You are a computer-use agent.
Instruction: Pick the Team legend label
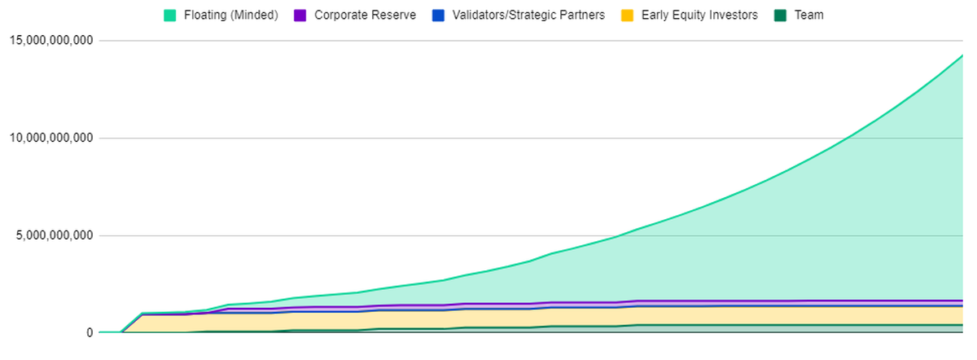[809, 15]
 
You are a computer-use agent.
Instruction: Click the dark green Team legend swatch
[782, 15]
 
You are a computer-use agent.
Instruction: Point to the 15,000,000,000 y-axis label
[48, 41]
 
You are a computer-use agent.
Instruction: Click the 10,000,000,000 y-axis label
[48, 138]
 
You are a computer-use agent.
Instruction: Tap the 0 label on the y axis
[90, 333]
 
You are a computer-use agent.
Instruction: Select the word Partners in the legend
[582, 15]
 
